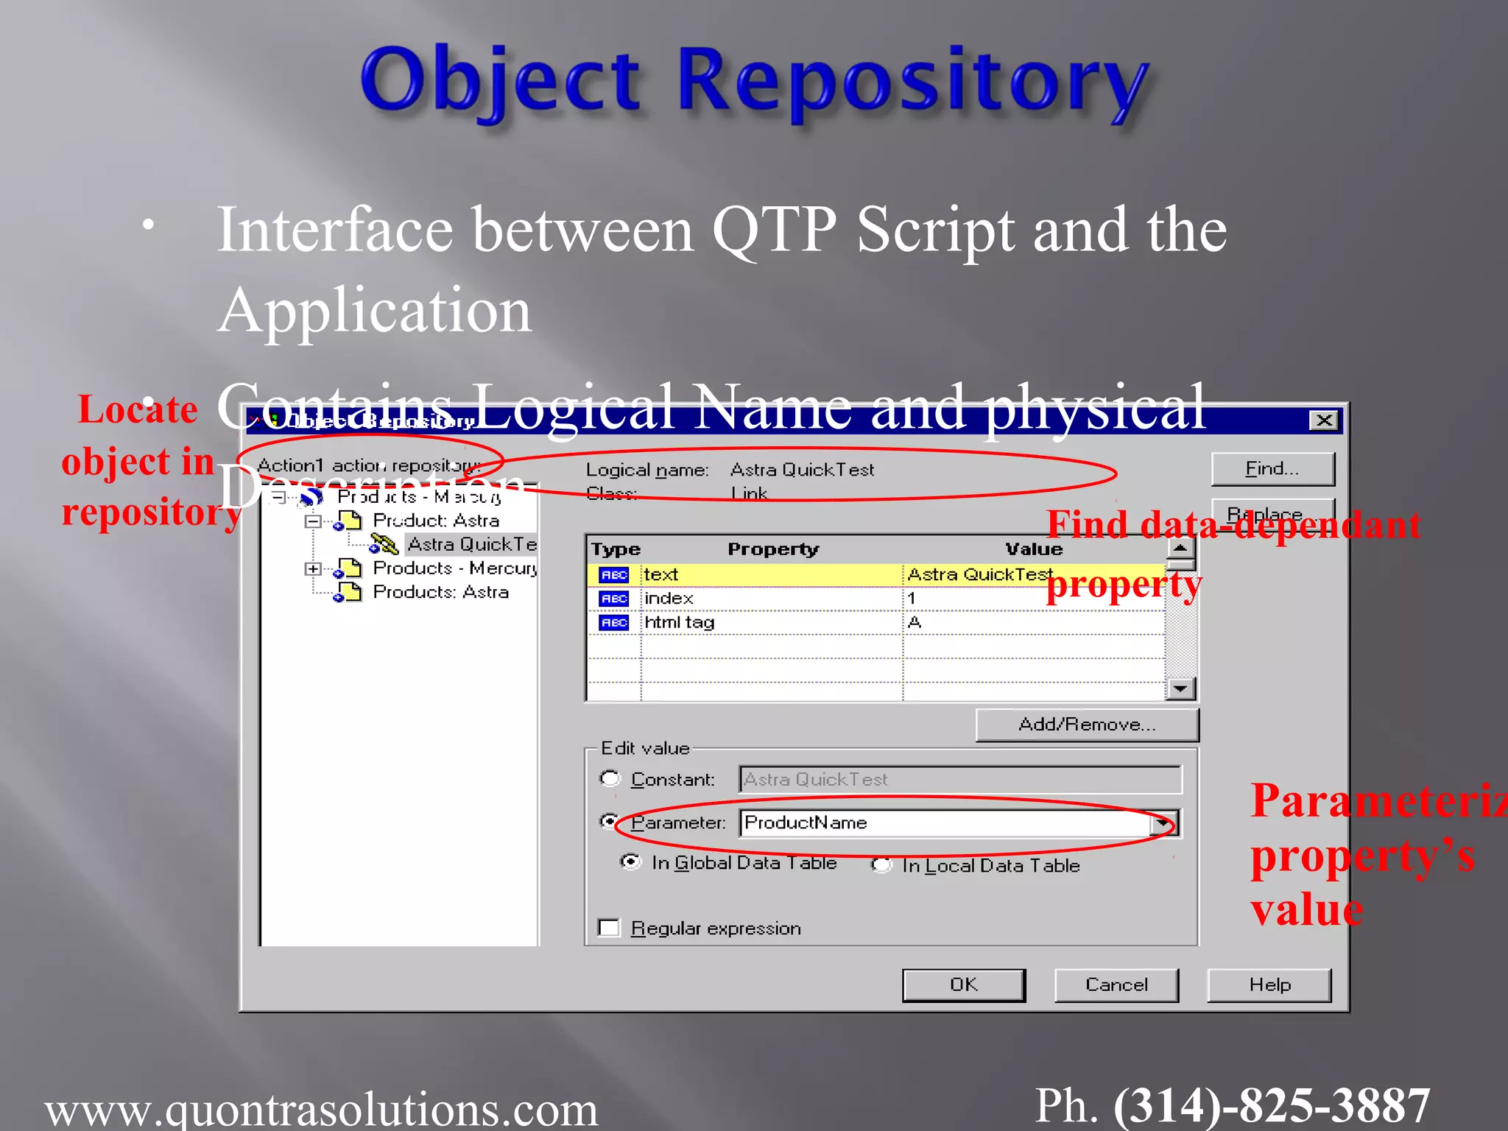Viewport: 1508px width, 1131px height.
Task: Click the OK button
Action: pos(963,985)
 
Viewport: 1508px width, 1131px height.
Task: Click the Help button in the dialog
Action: pos(1269,985)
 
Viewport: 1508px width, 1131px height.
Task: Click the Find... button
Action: pos(1272,469)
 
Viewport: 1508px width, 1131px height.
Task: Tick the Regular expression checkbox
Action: pos(610,928)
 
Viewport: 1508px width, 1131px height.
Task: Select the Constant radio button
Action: pos(610,779)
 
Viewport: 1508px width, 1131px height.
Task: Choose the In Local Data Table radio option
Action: pos(881,865)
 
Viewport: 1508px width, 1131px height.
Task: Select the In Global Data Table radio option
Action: pos(631,862)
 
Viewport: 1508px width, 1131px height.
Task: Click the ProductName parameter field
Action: pos(946,822)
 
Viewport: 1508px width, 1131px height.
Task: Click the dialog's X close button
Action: pos(1324,420)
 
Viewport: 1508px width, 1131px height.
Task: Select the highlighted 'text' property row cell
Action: pos(769,574)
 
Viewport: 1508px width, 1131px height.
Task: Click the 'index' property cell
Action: pos(769,599)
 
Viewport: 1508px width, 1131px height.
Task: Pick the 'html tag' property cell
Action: pos(769,623)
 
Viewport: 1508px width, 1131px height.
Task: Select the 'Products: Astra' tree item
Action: pos(440,592)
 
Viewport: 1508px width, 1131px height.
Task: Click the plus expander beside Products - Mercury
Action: pos(313,568)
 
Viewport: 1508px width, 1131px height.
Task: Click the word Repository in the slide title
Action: pos(912,81)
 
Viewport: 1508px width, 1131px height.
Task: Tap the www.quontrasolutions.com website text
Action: pos(322,1108)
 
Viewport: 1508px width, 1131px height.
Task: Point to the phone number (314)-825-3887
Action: pos(1272,1106)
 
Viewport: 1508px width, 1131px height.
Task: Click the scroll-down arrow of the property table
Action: pos(1180,688)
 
